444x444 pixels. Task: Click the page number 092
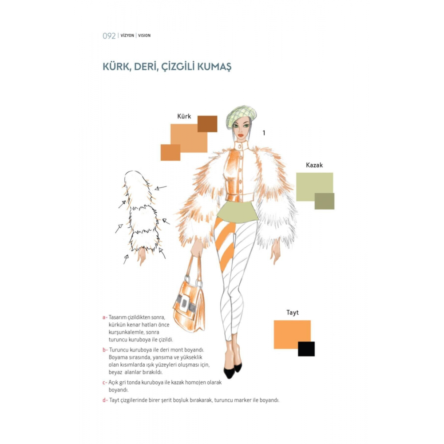pyautogui.click(x=109, y=36)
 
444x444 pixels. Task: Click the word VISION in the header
pyautogui.click(x=144, y=36)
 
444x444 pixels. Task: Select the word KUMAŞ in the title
pyautogui.click(x=214, y=67)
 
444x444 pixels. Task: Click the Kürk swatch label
pyautogui.click(x=184, y=116)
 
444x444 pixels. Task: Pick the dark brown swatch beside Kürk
pyautogui.click(x=207, y=124)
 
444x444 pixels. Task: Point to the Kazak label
pyautogui.click(x=314, y=165)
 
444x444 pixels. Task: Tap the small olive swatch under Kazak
pyautogui.click(x=325, y=201)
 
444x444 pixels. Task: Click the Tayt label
pyautogui.click(x=292, y=313)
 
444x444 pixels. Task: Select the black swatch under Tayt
pyautogui.click(x=306, y=349)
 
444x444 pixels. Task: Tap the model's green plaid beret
pyautogui.click(x=241, y=115)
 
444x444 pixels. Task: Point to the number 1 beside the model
pyautogui.click(x=264, y=133)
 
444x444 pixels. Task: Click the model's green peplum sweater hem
pyautogui.click(x=238, y=212)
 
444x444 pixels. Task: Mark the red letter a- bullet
pyautogui.click(x=105, y=317)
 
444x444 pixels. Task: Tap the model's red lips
pyautogui.click(x=240, y=135)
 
